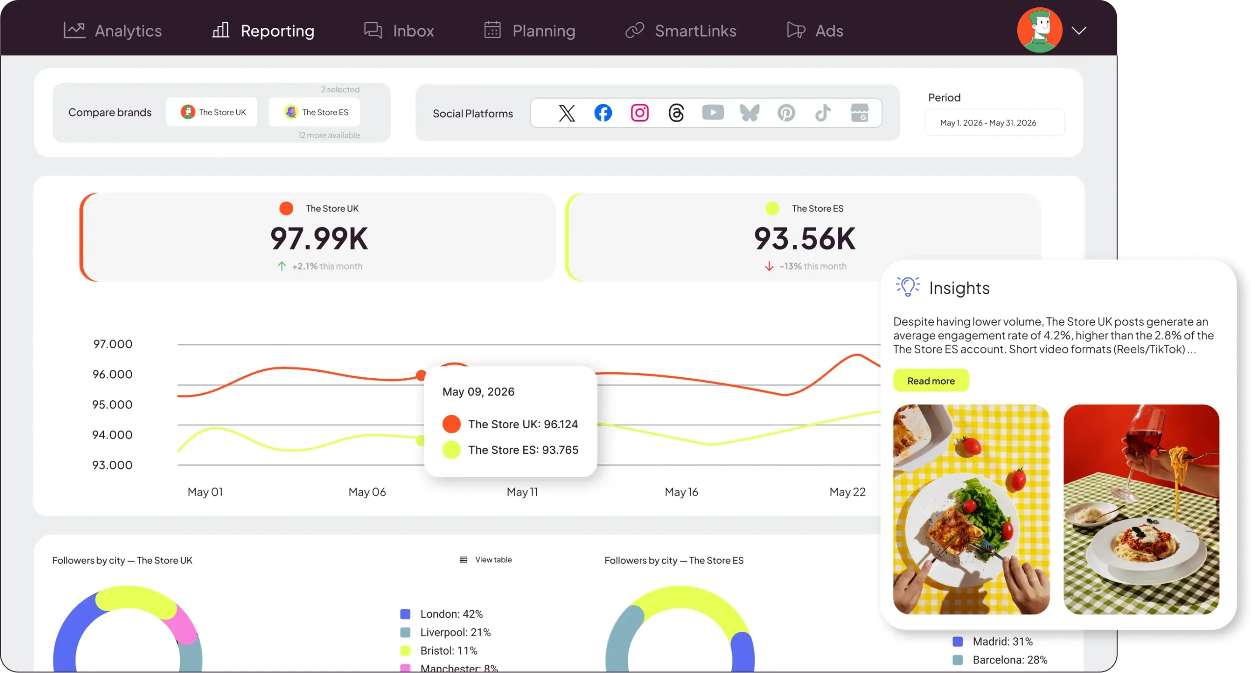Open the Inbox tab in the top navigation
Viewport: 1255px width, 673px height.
click(399, 30)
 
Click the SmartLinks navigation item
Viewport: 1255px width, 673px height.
click(681, 30)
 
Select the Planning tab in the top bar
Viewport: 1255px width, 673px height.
click(529, 30)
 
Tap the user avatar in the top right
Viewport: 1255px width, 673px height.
click(1039, 30)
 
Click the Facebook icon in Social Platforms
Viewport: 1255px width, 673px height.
click(603, 113)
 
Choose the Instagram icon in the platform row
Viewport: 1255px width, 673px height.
click(640, 113)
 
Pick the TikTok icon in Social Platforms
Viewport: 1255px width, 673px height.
click(823, 113)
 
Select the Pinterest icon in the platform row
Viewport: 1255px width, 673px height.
click(786, 113)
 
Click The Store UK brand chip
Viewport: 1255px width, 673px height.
click(211, 112)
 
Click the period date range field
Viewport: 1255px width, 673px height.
click(994, 123)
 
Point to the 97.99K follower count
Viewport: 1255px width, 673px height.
click(319, 239)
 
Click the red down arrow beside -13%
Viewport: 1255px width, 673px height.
click(769, 266)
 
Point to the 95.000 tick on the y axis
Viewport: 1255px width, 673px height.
click(112, 405)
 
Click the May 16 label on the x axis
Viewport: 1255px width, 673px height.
click(681, 492)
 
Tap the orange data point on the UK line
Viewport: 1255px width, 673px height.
click(421, 375)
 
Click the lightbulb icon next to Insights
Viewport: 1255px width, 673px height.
click(907, 287)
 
